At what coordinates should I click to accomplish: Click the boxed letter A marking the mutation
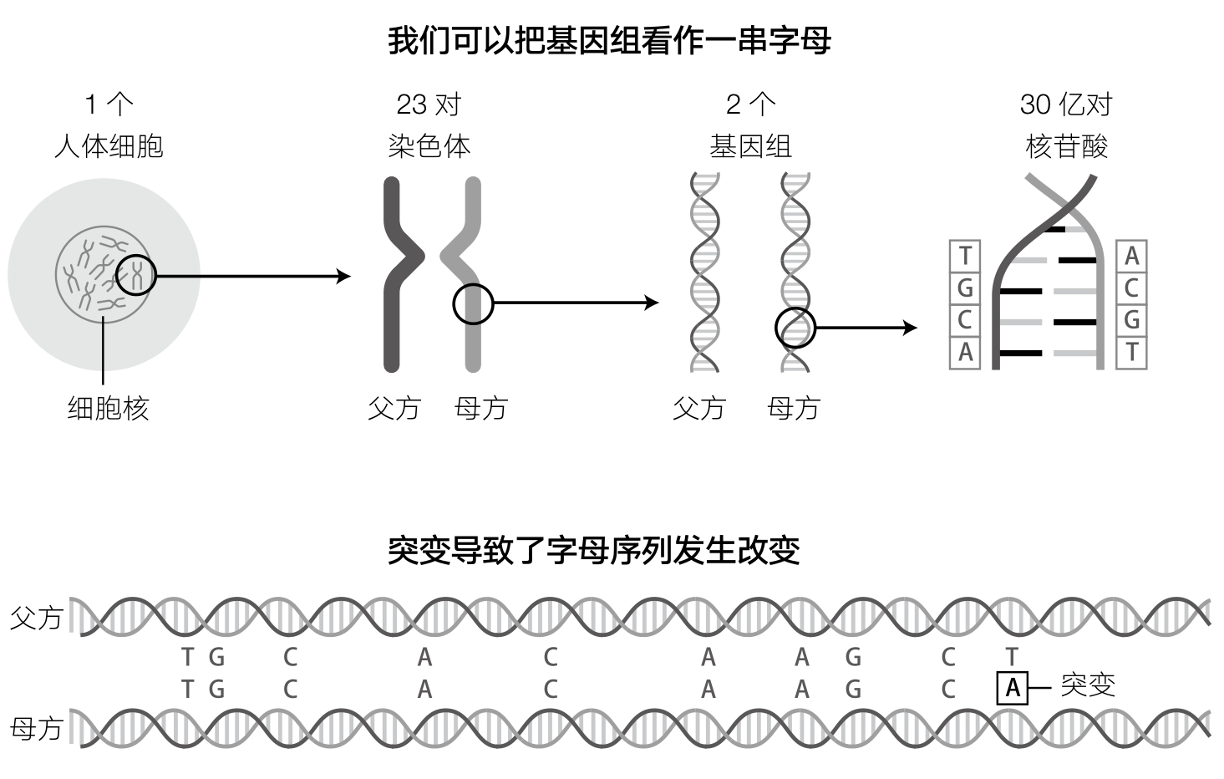point(1013,689)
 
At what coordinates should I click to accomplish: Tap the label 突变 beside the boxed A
point(1088,685)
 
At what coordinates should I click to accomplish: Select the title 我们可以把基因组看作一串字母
point(609,40)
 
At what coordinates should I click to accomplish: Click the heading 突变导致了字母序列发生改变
point(594,550)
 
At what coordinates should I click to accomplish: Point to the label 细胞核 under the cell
point(108,408)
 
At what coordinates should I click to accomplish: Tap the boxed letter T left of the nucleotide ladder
point(965,256)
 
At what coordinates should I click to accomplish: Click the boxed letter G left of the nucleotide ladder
point(965,288)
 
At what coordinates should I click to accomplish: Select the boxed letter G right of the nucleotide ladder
point(1131,320)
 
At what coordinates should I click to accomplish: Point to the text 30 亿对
point(1066,104)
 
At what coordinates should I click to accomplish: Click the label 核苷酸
point(1066,146)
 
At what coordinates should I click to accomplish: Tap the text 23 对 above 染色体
point(429,104)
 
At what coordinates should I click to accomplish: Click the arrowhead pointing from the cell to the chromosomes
point(343,276)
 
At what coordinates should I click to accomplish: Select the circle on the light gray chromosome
point(473,303)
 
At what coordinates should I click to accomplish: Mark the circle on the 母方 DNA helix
point(795,328)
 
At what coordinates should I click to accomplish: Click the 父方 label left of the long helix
point(37,619)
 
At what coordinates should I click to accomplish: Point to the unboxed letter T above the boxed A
point(1012,657)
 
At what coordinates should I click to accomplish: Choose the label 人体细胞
point(109,146)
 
